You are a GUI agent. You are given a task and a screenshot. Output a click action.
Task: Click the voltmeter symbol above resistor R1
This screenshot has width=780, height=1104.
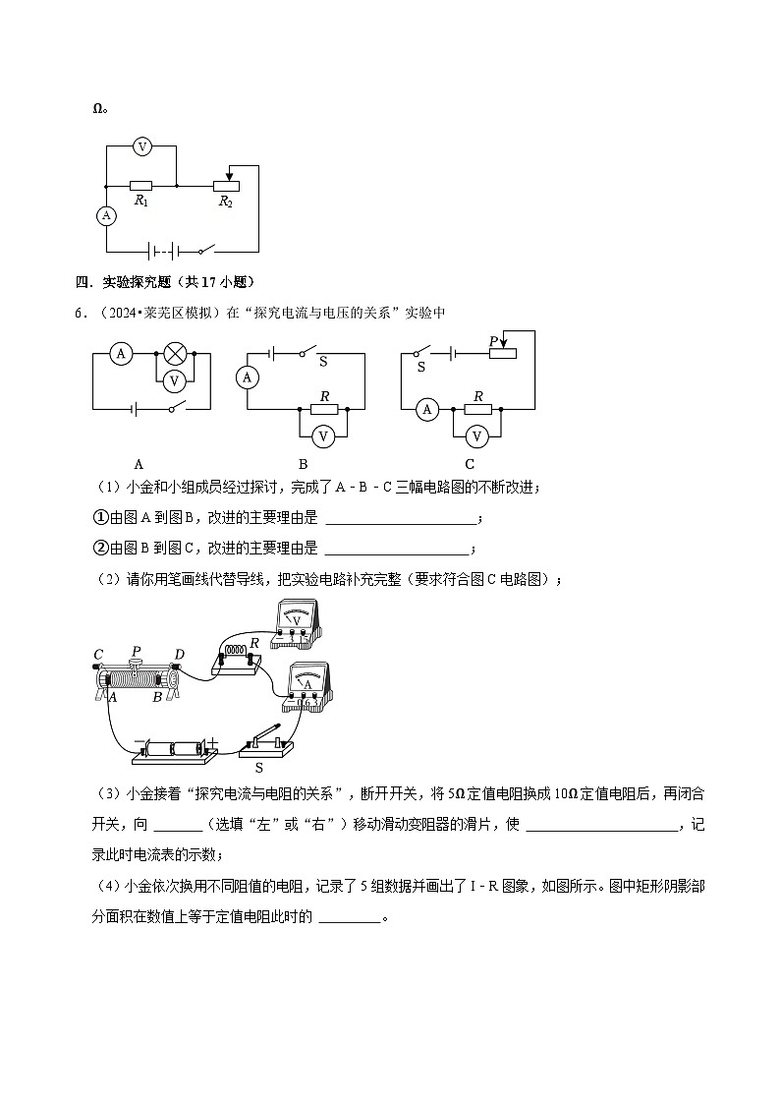[142, 146]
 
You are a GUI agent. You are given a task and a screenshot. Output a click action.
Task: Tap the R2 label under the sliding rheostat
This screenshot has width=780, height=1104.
[225, 202]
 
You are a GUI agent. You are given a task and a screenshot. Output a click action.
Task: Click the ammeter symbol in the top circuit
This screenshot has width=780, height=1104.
[106, 216]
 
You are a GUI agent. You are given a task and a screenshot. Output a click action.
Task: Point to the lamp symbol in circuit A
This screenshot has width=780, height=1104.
[176, 354]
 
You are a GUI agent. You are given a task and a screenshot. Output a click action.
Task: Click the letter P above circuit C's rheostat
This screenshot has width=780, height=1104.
[493, 341]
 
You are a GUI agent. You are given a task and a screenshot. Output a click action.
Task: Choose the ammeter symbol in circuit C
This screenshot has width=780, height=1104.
[426, 409]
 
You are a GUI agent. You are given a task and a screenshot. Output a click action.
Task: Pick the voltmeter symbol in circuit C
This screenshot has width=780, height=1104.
[476, 435]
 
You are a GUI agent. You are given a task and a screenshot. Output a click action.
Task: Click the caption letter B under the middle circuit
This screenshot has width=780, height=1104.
[304, 464]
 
